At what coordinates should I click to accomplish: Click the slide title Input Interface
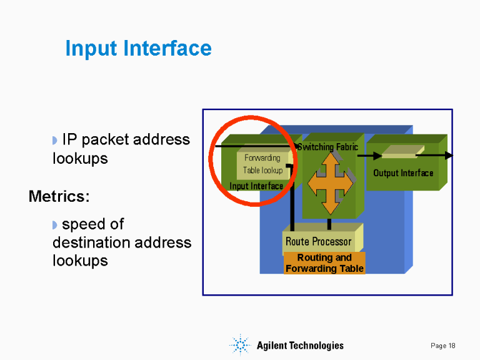(x=138, y=48)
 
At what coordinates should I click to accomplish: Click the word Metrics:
(x=59, y=196)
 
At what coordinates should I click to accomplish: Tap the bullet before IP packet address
(x=55, y=140)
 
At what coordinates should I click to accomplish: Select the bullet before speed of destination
(x=55, y=224)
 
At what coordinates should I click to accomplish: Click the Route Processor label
(x=318, y=241)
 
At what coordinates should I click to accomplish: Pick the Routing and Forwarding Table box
(x=324, y=263)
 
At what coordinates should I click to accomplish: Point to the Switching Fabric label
(x=328, y=147)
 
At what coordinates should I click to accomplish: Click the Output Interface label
(x=403, y=172)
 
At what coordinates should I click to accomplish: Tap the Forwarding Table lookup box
(x=262, y=164)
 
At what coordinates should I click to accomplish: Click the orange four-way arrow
(x=329, y=183)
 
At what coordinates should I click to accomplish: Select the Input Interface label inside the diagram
(x=256, y=186)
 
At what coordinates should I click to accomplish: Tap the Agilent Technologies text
(x=300, y=346)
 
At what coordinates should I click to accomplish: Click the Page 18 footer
(x=443, y=346)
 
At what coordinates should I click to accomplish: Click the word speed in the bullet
(x=84, y=224)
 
